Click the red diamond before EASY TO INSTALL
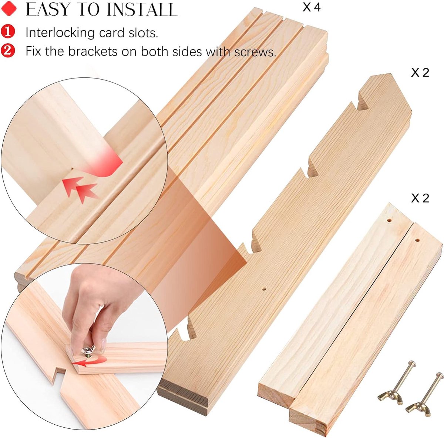9,9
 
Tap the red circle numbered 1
8,32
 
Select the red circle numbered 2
8,50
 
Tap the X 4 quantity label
312,8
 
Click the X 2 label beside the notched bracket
420,73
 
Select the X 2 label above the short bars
420,198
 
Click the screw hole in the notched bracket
264,288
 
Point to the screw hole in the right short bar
417,240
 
